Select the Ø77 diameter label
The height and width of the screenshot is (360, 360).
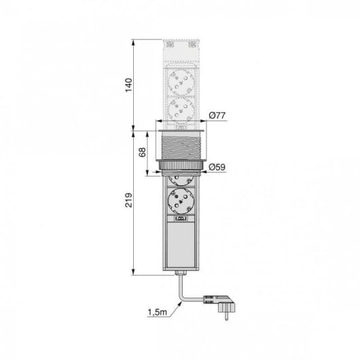coord(217,116)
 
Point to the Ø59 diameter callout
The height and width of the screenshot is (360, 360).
coord(217,167)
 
